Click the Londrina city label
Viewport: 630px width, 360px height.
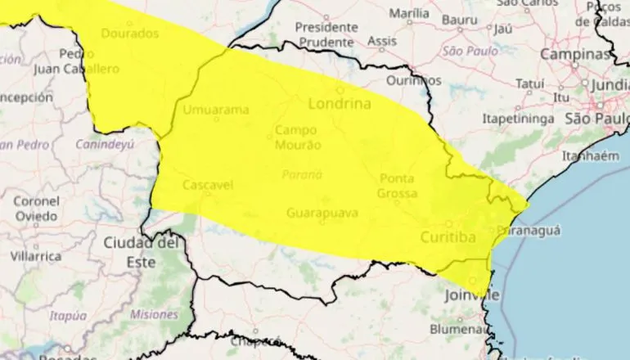pos(340,104)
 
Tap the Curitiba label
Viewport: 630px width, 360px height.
pos(448,237)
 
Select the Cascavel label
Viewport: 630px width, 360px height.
pos(208,185)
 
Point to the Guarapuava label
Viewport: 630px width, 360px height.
pos(322,214)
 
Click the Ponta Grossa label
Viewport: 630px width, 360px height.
pos(397,186)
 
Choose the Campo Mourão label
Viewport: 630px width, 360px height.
pos(295,137)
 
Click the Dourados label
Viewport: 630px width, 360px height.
pos(131,34)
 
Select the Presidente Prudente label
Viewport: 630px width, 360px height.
pos(326,34)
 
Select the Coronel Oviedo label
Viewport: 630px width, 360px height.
pos(34,208)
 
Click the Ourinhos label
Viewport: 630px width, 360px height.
pos(414,80)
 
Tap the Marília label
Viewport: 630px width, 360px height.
pos(409,14)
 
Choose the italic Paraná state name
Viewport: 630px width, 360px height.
pos(302,174)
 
